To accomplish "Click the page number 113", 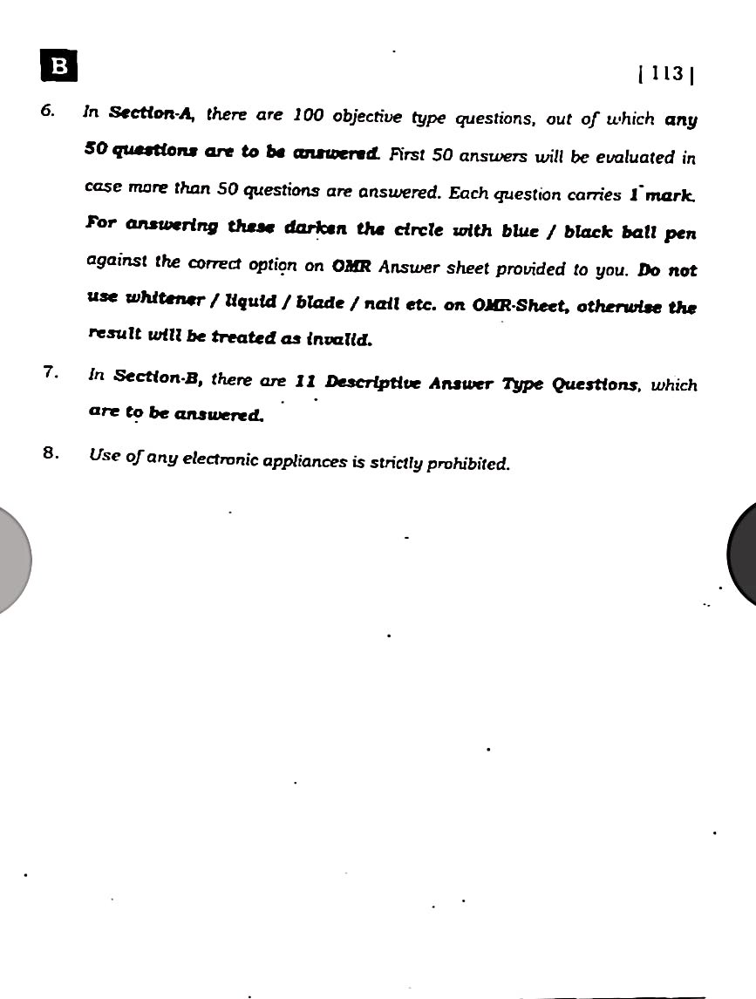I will [x=665, y=75].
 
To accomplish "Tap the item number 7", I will [x=50, y=373].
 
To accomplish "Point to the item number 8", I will [x=51, y=452].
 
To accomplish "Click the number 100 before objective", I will [x=309, y=114].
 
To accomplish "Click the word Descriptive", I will [x=373, y=382].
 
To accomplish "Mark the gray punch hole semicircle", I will [x=12, y=558].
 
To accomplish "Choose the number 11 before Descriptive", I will [x=304, y=380].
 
